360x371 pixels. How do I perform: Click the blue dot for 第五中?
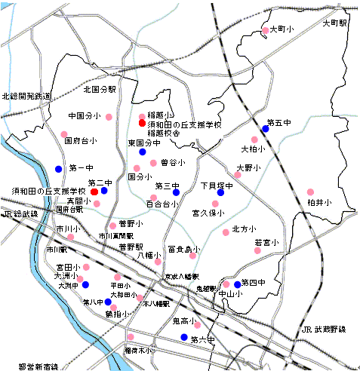point(265,129)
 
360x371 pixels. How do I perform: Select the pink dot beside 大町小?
point(264,32)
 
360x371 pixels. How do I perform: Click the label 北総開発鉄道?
point(26,97)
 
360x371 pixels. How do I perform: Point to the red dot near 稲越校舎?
point(142,123)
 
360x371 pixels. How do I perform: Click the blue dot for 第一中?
point(59,168)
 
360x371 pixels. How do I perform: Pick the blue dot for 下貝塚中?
point(220,193)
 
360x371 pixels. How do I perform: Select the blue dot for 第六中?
point(184,337)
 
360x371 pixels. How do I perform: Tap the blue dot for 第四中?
point(237,284)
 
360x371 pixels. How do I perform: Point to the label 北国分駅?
point(100,89)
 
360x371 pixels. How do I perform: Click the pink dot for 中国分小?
point(109,117)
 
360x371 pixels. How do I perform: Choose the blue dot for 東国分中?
point(142,152)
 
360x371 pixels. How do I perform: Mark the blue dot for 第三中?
point(176,193)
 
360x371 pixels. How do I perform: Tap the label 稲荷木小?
point(138,351)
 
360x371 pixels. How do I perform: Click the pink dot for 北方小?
point(225,232)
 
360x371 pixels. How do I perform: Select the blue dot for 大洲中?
point(85,285)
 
